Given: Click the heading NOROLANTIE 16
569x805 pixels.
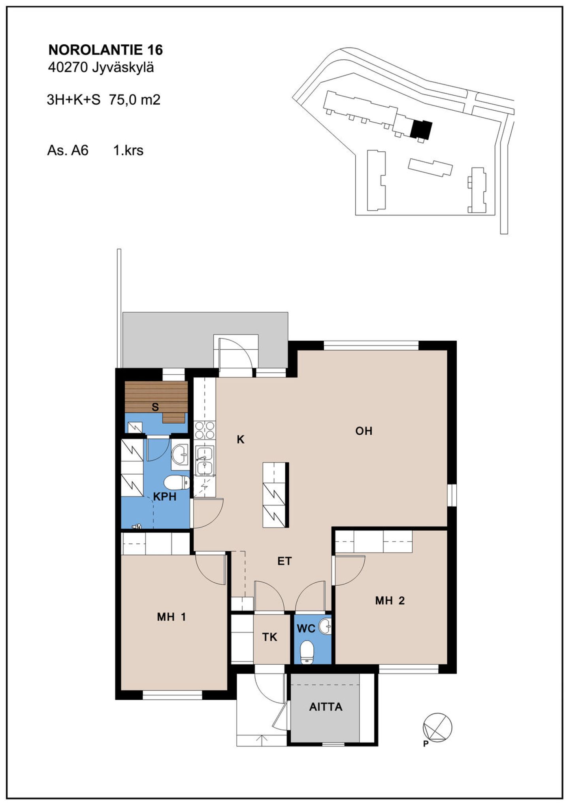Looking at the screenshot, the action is pos(106,50).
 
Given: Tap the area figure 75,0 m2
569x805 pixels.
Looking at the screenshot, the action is pos(135,100).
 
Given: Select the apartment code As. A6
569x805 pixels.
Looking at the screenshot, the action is pos(68,151).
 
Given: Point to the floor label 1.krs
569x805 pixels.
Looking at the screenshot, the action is pos(128,151).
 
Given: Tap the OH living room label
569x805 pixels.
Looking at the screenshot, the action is pos(364,431).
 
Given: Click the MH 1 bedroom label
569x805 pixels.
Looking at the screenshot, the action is pos(171,616).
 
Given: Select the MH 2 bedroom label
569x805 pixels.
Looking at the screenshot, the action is pos(390,601).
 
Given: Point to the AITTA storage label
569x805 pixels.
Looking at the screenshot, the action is pos(326,707).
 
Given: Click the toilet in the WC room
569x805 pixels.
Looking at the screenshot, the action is pos(307,652).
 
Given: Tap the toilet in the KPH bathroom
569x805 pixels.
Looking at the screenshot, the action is pos(177,483).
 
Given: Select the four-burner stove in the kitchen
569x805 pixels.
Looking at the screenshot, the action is pos(205,430).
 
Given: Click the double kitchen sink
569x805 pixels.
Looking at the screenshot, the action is pos(205,460).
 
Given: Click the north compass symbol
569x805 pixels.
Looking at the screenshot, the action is pos(437,727).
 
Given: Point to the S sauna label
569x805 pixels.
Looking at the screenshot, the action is pos(155,407).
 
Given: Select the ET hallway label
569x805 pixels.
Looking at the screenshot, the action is pos(284,561).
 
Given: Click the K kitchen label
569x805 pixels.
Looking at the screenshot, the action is pos(241,439).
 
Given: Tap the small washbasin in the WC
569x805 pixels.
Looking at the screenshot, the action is pos(325,626).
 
